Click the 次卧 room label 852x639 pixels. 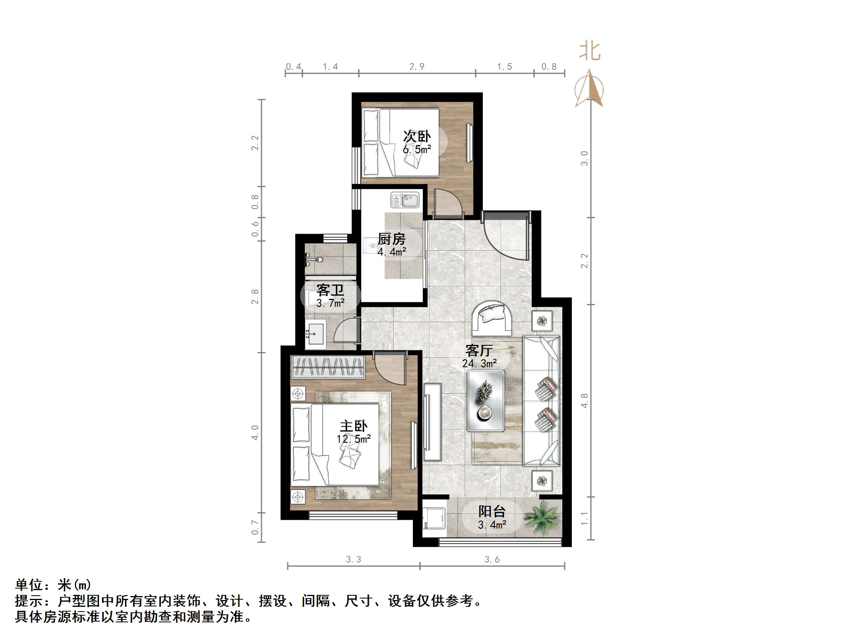click(417, 136)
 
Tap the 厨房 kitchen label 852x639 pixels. click(391, 239)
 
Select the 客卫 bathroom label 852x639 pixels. click(330, 290)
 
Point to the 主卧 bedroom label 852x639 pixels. click(353, 426)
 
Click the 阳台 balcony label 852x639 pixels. click(492, 511)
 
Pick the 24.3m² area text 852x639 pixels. click(480, 363)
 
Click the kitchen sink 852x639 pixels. click(405, 200)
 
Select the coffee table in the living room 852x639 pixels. click(486, 401)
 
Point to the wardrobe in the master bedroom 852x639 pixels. click(328, 367)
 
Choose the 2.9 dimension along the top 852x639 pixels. click(417, 67)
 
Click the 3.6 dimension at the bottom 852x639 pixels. click(492, 560)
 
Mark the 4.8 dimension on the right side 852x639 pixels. click(584, 401)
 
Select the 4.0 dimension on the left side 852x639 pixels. click(255, 432)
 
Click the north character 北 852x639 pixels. click(589, 52)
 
